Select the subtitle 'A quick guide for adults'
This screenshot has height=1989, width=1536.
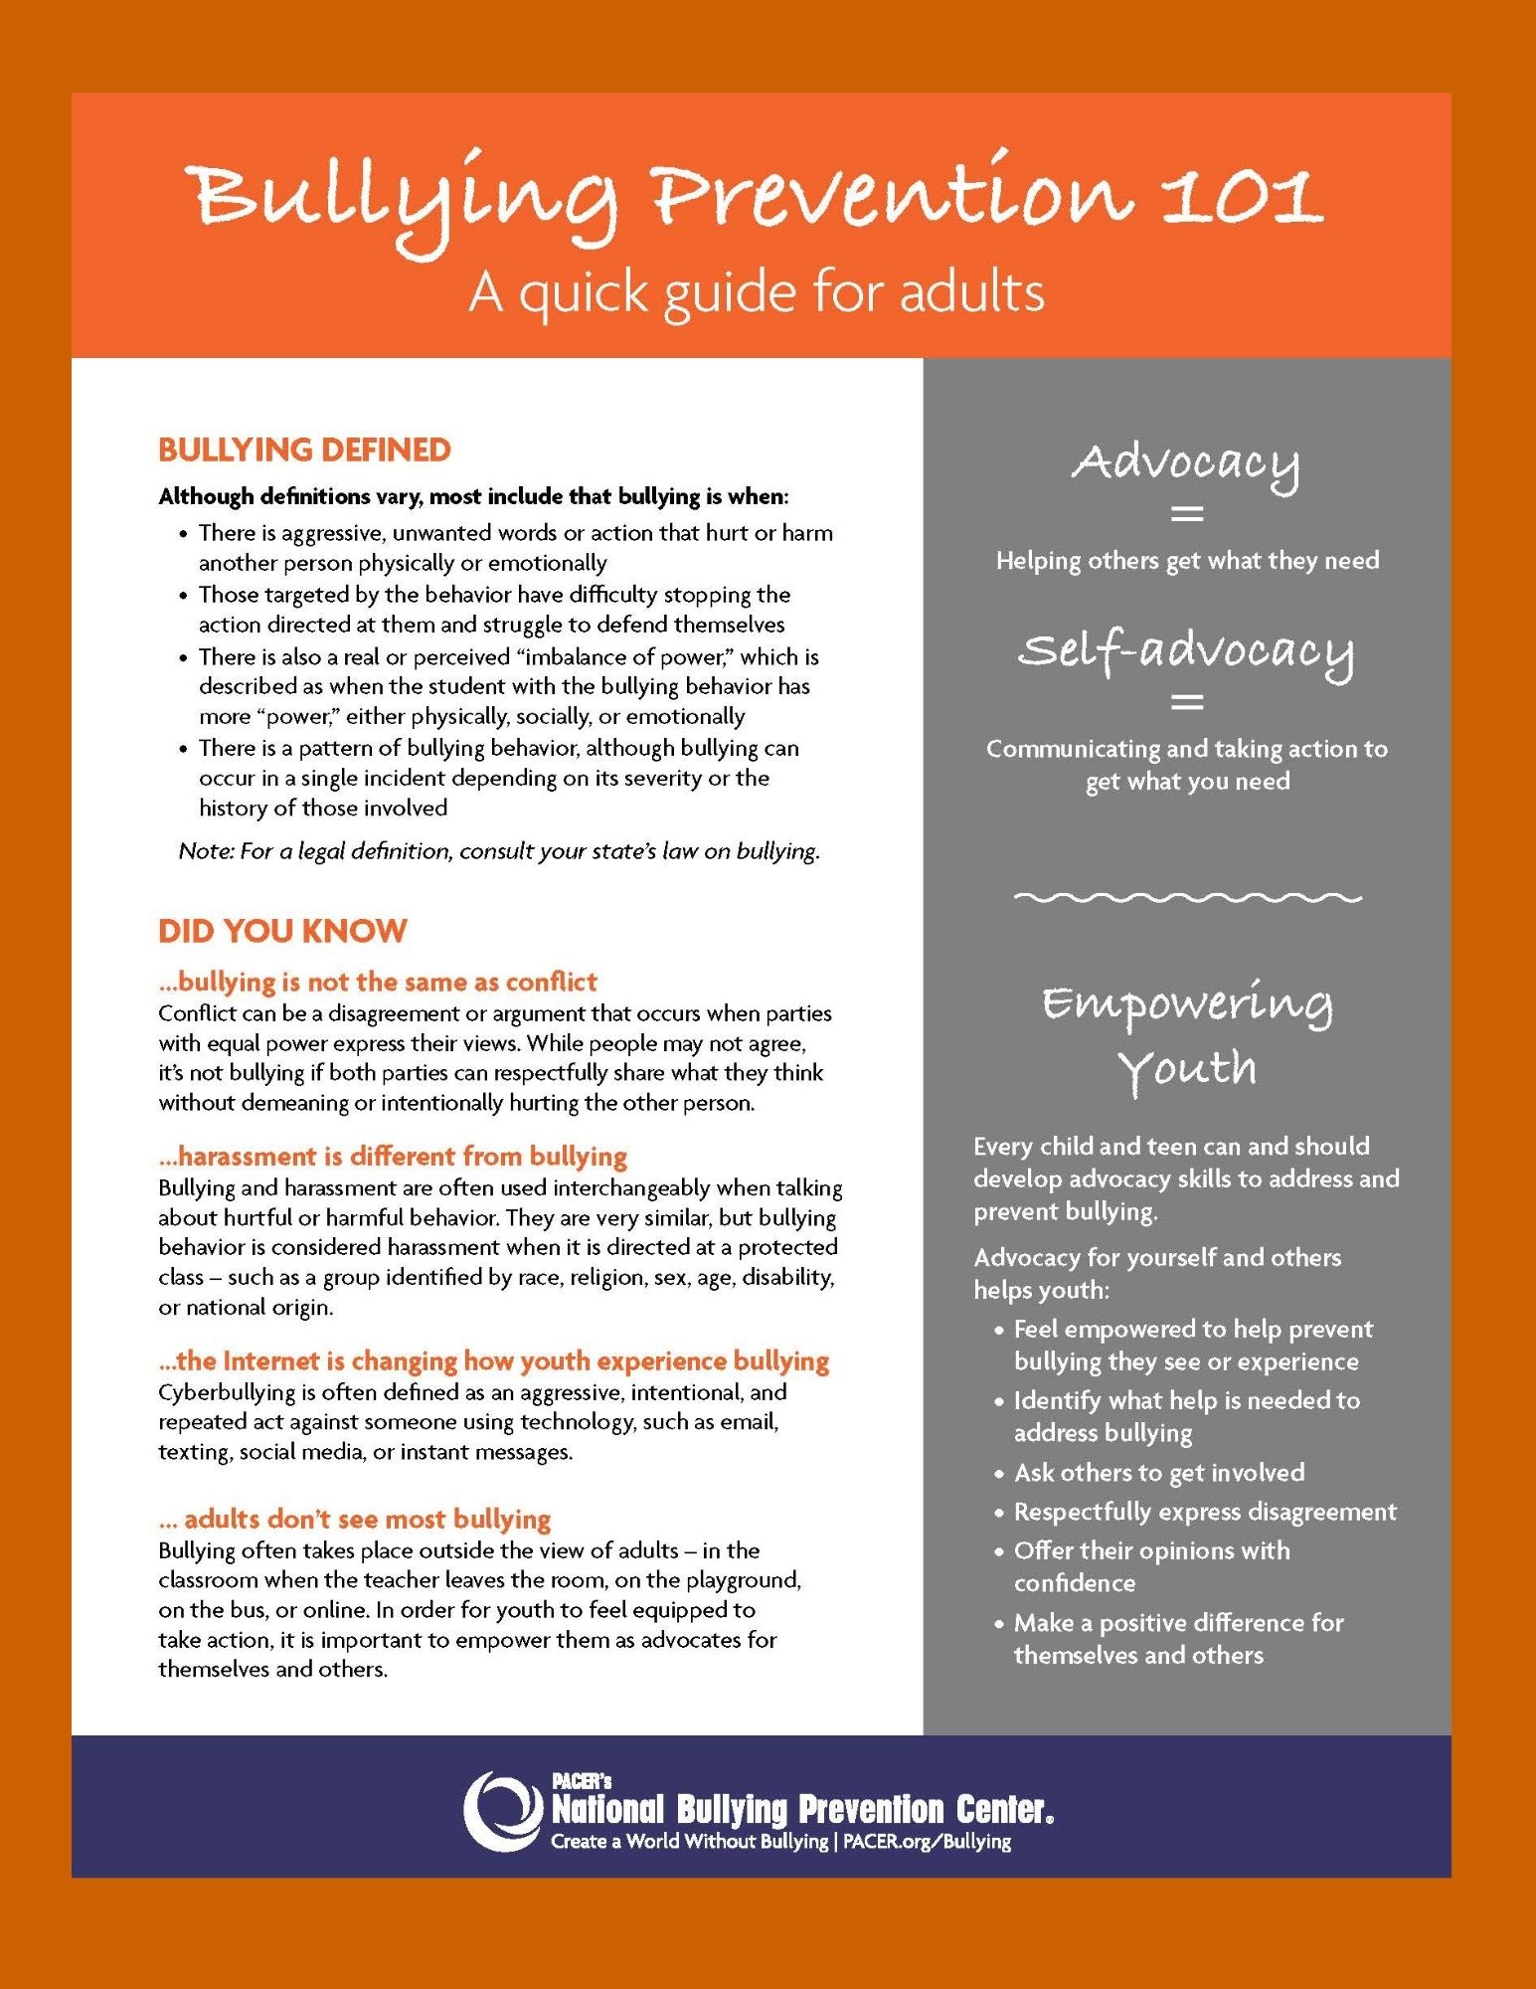(x=757, y=292)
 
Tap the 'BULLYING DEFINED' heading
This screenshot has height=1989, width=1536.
(x=304, y=450)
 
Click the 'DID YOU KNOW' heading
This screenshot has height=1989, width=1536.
(x=282, y=931)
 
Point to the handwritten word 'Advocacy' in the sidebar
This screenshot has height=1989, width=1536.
(x=1186, y=463)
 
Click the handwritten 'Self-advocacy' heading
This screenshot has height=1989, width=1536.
(x=1186, y=651)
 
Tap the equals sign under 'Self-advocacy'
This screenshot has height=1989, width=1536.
(x=1187, y=702)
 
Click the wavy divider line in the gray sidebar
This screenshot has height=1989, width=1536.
(x=1187, y=897)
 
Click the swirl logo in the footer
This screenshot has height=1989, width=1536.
(x=503, y=1810)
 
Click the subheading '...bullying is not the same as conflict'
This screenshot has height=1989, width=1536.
(x=378, y=982)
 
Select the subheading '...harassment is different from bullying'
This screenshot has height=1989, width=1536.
(x=393, y=1156)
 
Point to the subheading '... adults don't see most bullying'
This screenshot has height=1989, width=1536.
(x=355, y=1519)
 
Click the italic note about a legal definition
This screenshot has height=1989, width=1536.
(x=499, y=851)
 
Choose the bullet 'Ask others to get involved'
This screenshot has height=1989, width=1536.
(x=1158, y=1473)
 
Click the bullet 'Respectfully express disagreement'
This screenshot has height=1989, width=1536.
(x=1205, y=1512)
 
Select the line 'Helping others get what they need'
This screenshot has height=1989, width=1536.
(x=1187, y=561)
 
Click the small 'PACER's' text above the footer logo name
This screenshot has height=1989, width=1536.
(x=582, y=1780)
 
